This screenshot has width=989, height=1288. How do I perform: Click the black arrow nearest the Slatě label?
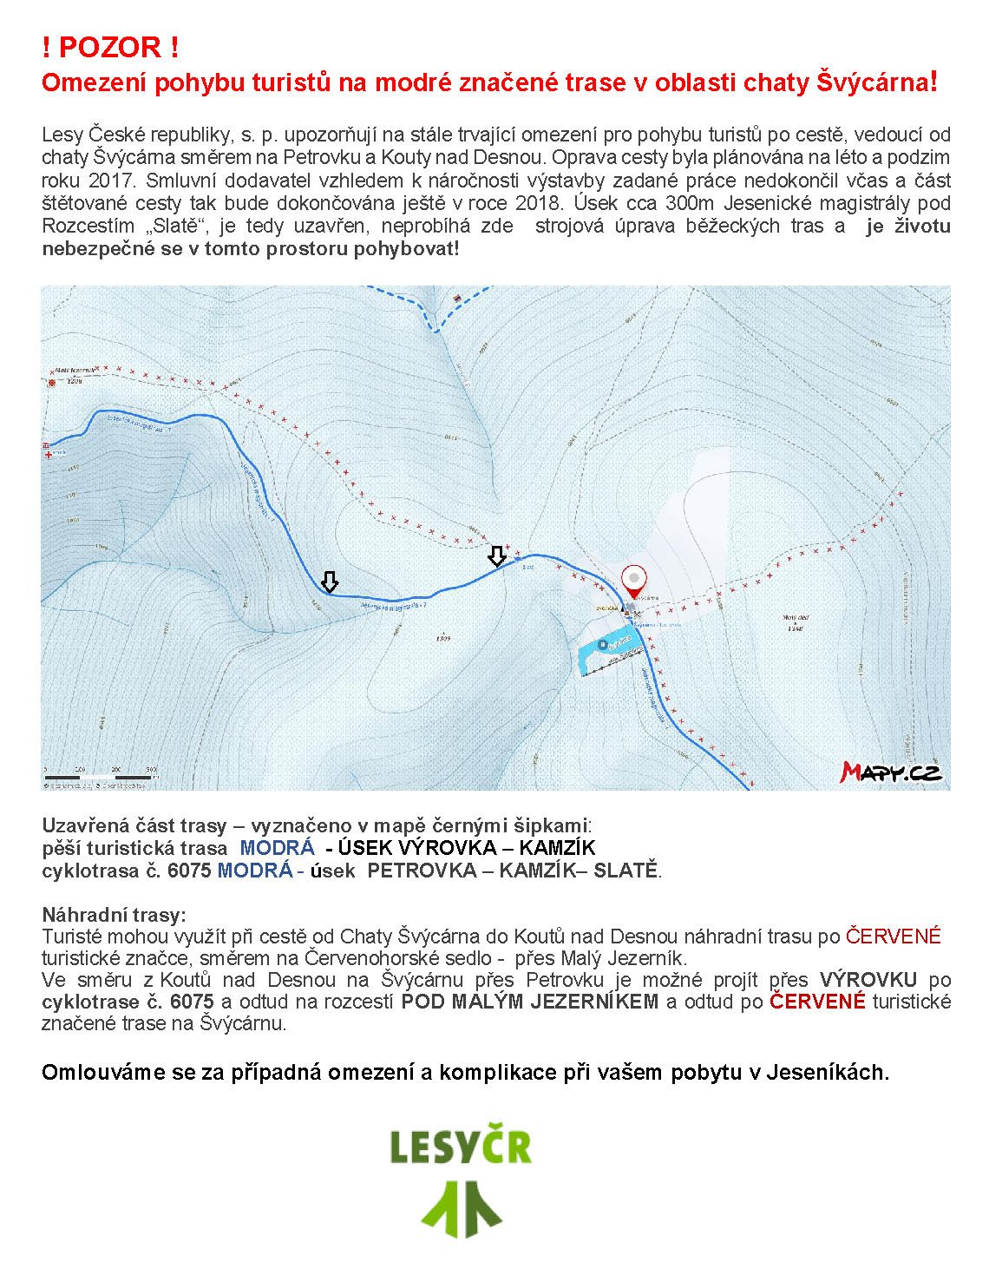click(497, 555)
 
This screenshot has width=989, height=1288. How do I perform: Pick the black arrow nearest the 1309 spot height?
click(329, 582)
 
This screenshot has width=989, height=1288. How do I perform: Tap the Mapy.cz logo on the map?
click(891, 771)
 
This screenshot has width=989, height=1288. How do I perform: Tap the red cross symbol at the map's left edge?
click(48, 453)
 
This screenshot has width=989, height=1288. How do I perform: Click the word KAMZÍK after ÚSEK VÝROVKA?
click(552, 848)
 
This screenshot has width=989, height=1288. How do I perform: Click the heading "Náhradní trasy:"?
click(114, 915)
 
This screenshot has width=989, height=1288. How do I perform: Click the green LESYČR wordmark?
click(459, 1147)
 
